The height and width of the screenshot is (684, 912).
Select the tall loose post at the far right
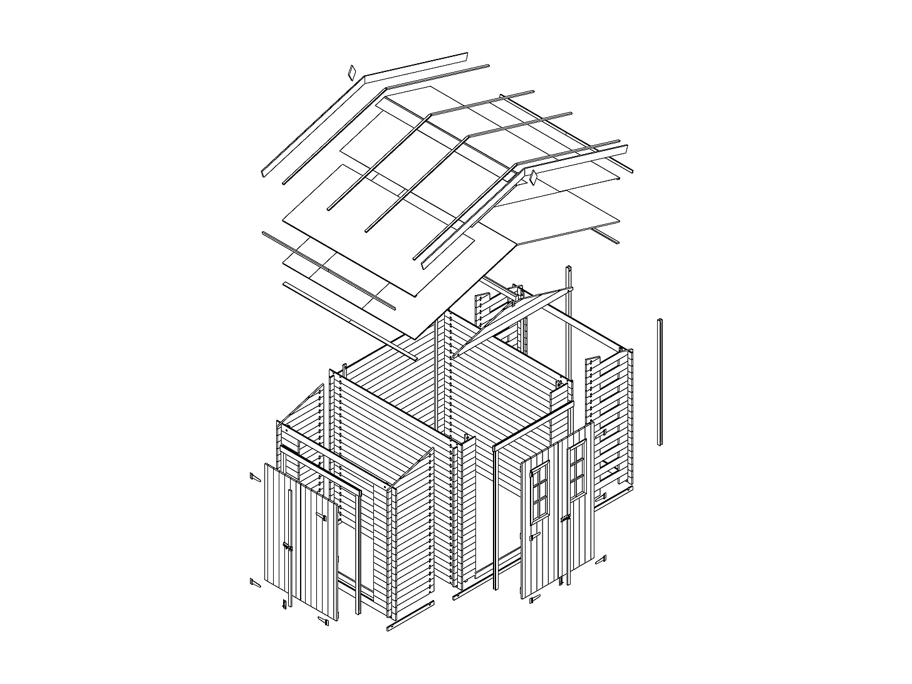pyautogui.click(x=660, y=382)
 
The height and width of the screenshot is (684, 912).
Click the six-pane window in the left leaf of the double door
pyautogui.click(x=539, y=492)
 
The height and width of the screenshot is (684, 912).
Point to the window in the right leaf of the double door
pyautogui.click(x=577, y=470)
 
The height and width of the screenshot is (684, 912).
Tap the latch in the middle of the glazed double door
pyautogui.click(x=566, y=519)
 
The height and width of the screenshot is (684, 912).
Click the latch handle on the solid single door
pyautogui.click(x=288, y=547)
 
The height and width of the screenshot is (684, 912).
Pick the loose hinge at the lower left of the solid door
pyautogui.click(x=254, y=583)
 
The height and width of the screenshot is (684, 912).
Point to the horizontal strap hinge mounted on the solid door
pyautogui.click(x=322, y=517)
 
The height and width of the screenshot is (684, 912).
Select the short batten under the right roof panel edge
pyautogui.click(x=606, y=236)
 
